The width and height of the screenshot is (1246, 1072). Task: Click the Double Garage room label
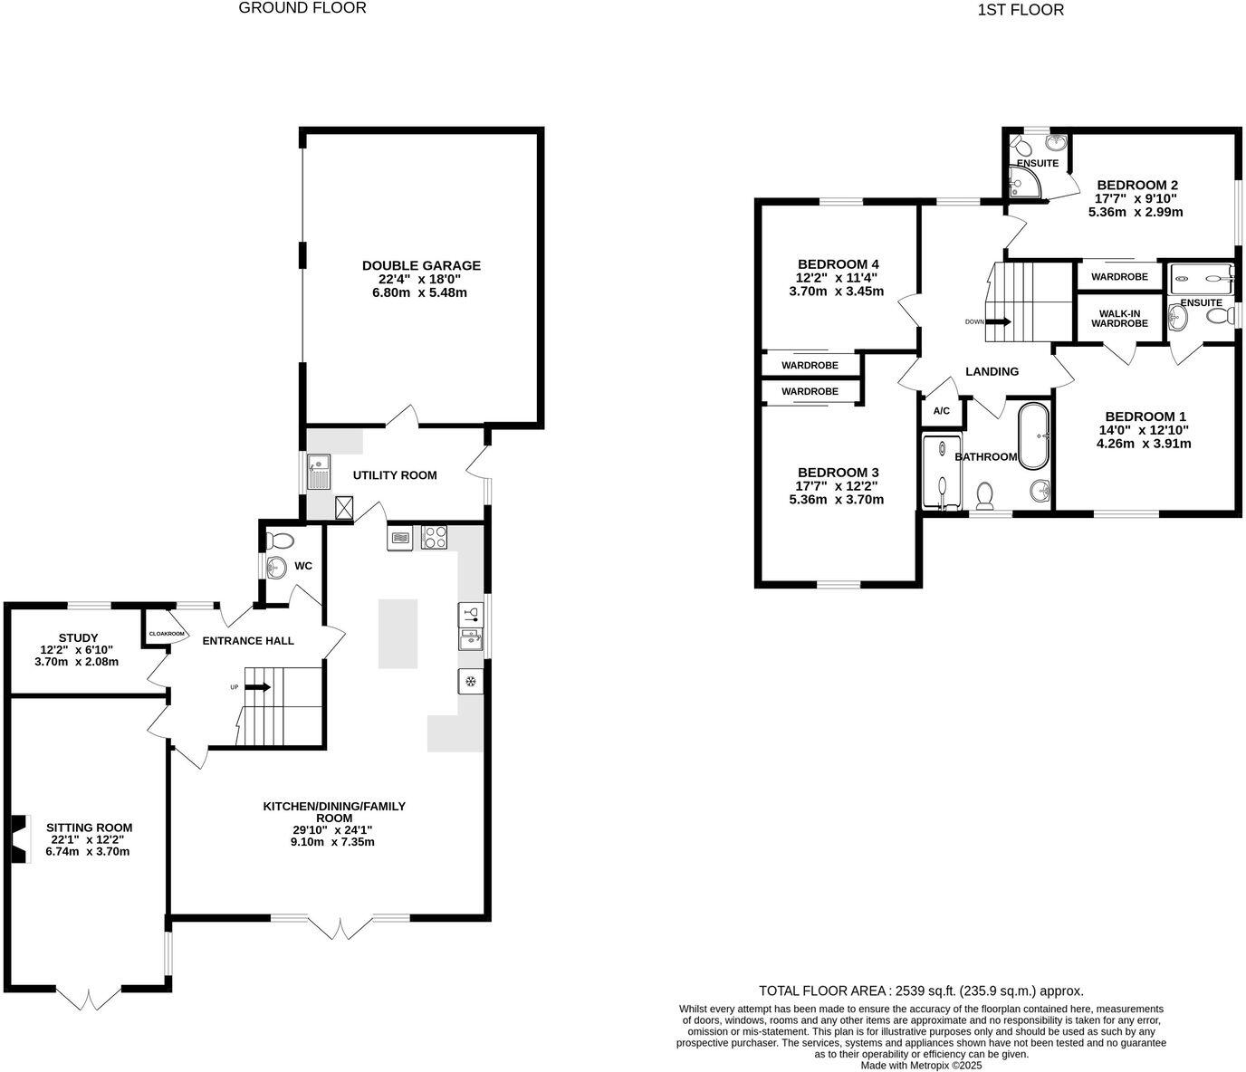click(x=421, y=265)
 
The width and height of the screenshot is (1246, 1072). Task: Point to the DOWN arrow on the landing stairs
click(x=1000, y=321)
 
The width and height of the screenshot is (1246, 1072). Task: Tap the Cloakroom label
click(x=167, y=634)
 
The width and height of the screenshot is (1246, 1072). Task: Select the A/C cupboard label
click(x=942, y=411)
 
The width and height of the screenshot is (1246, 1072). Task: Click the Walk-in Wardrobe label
click(x=1119, y=319)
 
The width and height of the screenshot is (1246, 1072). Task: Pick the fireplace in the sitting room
click(x=19, y=839)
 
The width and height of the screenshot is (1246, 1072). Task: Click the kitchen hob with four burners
click(x=434, y=538)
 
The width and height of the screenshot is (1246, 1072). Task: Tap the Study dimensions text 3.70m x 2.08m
click(x=76, y=662)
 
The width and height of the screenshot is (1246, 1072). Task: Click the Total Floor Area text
click(x=921, y=991)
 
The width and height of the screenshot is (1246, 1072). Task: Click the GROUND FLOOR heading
click(x=302, y=8)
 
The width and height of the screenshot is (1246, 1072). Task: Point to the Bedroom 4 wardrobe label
click(x=810, y=365)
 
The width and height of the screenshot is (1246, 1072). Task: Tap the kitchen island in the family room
click(x=398, y=634)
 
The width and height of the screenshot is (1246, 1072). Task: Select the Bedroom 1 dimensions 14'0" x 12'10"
click(x=1143, y=430)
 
